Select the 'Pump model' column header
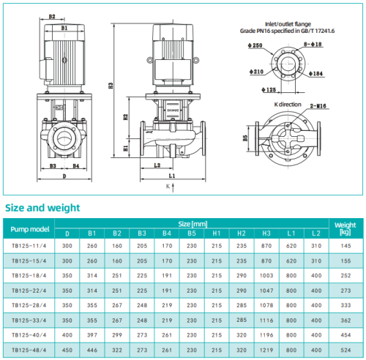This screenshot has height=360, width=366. [29, 228]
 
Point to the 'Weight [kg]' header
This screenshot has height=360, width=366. [345, 228]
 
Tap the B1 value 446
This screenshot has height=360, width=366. [92, 349]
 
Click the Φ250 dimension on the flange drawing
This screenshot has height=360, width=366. [255, 45]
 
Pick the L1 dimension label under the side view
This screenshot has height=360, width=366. [171, 176]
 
